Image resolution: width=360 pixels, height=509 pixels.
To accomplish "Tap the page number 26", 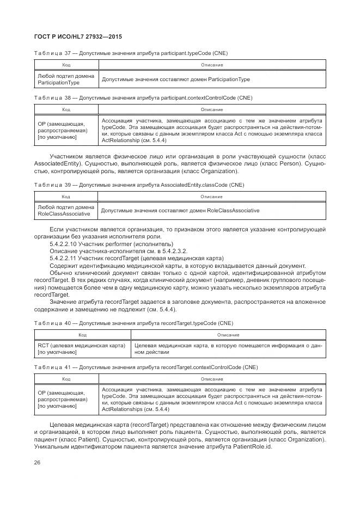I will pos(38,462).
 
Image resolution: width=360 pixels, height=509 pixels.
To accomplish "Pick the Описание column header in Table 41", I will pos(211,378).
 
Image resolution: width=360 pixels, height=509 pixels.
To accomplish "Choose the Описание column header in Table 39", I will pos(211,197).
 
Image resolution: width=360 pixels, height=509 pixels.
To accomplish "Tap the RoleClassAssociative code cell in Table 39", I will pos(65,211).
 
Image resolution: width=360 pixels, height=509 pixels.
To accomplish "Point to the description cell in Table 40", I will pos(228,349).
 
